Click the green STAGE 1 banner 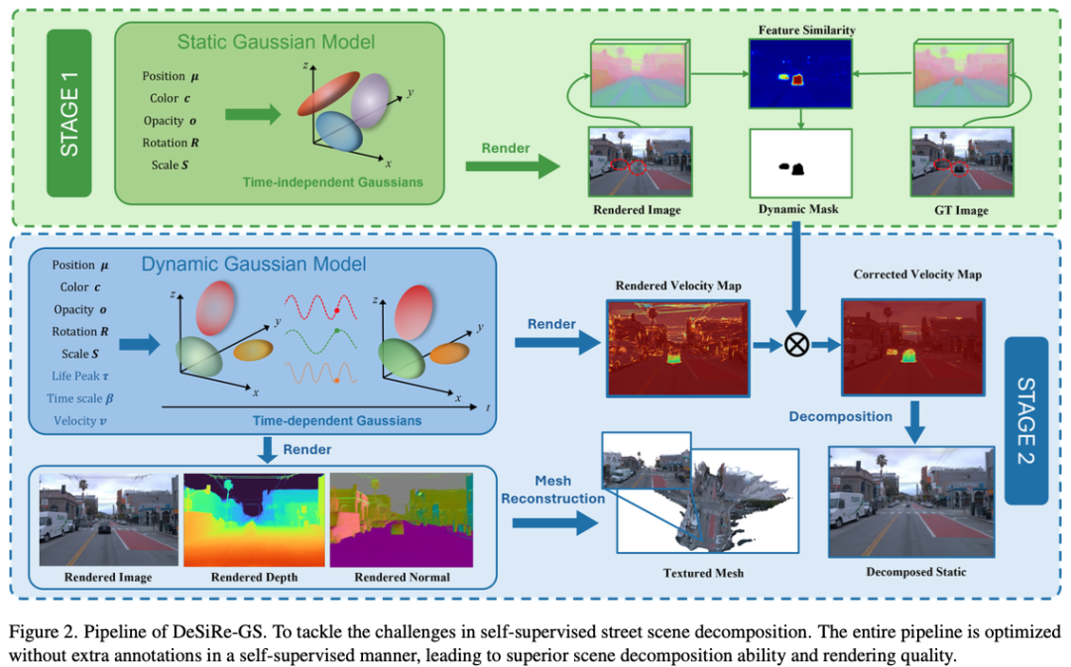[69, 113]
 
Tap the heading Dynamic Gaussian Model [254, 264]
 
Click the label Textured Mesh [703, 572]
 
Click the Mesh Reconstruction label [552, 490]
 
